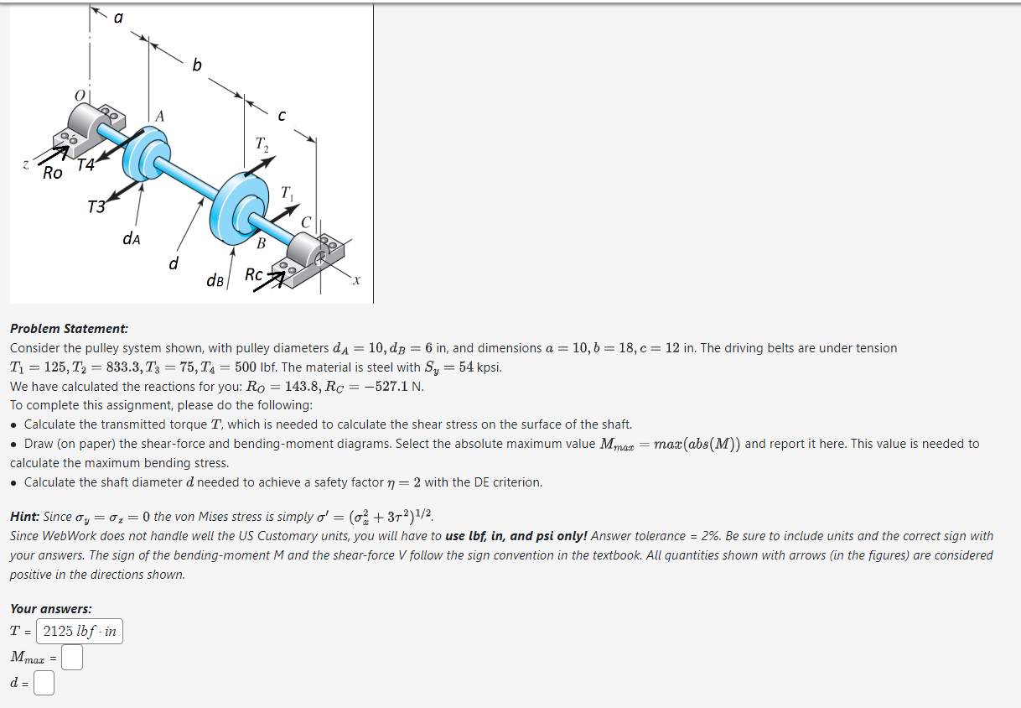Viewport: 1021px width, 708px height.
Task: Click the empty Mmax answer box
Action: pyautogui.click(x=72, y=659)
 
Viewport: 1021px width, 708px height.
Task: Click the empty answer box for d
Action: pyautogui.click(x=44, y=684)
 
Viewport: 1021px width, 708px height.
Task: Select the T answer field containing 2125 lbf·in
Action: pyautogui.click(x=80, y=632)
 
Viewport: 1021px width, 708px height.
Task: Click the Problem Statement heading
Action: pyautogui.click(x=69, y=329)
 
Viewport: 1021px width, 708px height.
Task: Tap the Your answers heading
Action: pyautogui.click(x=51, y=609)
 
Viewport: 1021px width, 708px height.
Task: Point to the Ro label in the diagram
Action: pyautogui.click(x=53, y=174)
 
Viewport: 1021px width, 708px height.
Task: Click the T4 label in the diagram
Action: pyautogui.click(x=86, y=165)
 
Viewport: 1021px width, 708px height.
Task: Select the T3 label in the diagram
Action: pyautogui.click(x=97, y=206)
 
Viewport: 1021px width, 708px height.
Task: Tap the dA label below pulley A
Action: pyautogui.click(x=132, y=238)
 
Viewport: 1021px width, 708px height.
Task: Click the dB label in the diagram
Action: pyautogui.click(x=215, y=280)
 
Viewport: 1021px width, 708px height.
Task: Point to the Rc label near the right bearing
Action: pyautogui.click(x=254, y=274)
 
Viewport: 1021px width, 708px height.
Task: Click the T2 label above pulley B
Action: pyautogui.click(x=262, y=144)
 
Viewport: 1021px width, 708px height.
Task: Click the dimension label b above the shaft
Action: pyautogui.click(x=196, y=65)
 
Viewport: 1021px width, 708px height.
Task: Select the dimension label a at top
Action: pyautogui.click(x=118, y=16)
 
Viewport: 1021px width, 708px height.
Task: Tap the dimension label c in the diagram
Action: pyautogui.click(x=282, y=115)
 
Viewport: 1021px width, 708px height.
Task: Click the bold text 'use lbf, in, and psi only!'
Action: pyautogui.click(x=516, y=536)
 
